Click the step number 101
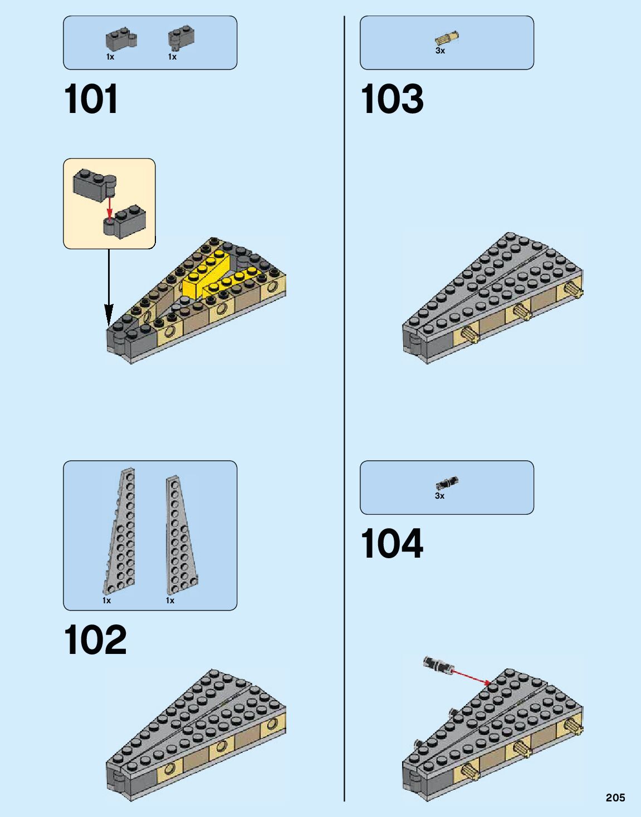pyautogui.click(x=91, y=100)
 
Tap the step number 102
pyautogui.click(x=95, y=640)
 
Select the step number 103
pyautogui.click(x=392, y=100)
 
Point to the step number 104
pyautogui.click(x=392, y=544)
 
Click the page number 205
pyautogui.click(x=615, y=798)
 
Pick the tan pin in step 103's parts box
pyautogui.click(x=447, y=38)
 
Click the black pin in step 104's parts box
pyautogui.click(x=447, y=483)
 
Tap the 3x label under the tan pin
pyautogui.click(x=440, y=51)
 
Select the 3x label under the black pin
pyautogui.click(x=439, y=496)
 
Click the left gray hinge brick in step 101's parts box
pyautogui.click(x=120, y=40)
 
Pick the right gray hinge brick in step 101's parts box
pyautogui.click(x=181, y=38)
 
